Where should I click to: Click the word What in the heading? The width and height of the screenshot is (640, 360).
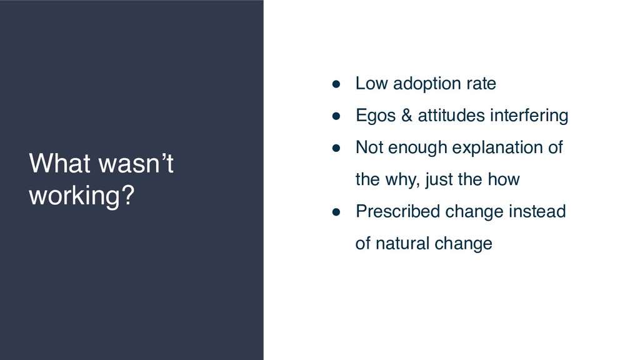click(x=59, y=163)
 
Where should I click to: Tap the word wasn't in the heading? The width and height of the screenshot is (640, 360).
click(x=136, y=163)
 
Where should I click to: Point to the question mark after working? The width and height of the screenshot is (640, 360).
click(x=128, y=194)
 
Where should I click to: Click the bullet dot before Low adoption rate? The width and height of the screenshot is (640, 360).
click(x=336, y=84)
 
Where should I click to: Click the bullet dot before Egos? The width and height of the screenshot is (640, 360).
click(x=336, y=116)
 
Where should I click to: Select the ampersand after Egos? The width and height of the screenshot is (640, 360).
click(x=406, y=115)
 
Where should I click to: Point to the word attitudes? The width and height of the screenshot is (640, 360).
click(x=451, y=115)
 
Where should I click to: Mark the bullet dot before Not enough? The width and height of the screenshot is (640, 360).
click(x=336, y=148)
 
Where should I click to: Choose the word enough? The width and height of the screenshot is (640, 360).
click(x=417, y=147)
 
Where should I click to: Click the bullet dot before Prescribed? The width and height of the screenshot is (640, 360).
click(x=336, y=212)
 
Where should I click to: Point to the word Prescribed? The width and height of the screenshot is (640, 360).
click(x=397, y=211)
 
